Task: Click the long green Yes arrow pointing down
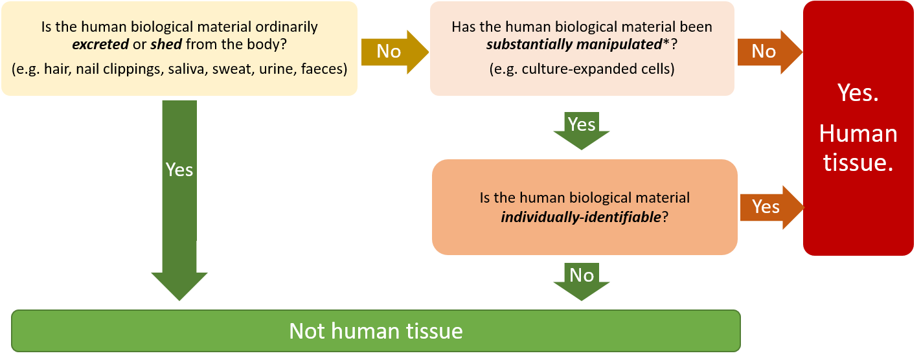179,194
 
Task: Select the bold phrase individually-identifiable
580,217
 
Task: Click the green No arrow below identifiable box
581,280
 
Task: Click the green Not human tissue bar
376,332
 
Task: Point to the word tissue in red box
858,163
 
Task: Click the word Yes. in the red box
858,93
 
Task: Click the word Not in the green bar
307,332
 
